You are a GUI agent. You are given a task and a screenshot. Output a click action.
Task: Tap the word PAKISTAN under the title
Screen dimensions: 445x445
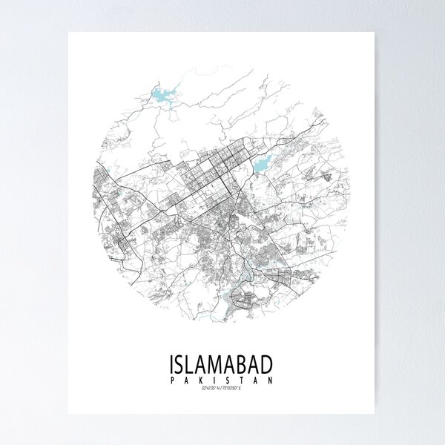221,380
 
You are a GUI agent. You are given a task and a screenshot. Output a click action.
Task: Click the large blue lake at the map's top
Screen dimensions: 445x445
162,95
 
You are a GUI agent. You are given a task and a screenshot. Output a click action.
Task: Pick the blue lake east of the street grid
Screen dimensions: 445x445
263,163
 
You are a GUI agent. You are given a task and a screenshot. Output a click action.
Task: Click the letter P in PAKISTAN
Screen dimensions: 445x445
172,380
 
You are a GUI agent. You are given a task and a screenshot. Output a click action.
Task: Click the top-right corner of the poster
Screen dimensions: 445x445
378,31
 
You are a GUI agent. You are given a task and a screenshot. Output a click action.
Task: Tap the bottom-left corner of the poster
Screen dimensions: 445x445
68,414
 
